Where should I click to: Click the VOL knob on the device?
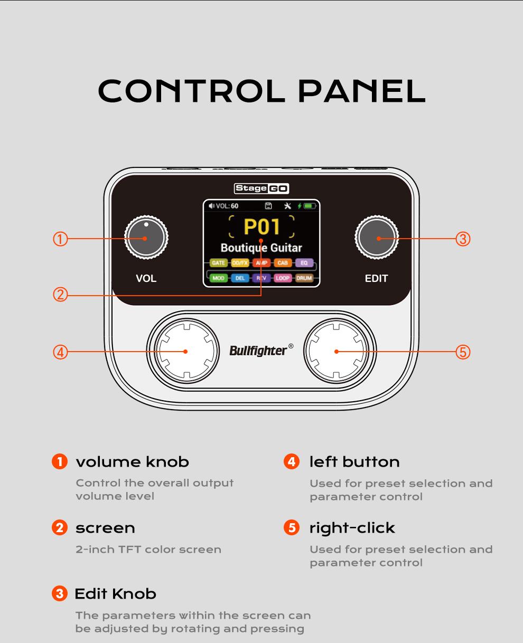(146, 238)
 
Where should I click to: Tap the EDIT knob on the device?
(377, 238)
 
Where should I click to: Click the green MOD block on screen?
(218, 278)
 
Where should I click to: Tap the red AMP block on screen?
(261, 262)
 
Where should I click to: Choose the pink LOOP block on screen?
(283, 278)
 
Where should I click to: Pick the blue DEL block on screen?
(240, 278)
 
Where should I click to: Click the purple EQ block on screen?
(304, 262)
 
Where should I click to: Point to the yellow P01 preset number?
(261, 226)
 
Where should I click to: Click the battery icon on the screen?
(308, 206)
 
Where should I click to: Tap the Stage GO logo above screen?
(261, 188)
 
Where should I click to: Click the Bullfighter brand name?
(258, 351)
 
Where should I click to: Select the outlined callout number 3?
(462, 239)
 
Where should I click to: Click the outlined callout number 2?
(60, 295)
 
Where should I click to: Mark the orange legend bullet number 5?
(291, 527)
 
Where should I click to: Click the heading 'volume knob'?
(132, 462)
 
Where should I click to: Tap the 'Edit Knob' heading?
(116, 594)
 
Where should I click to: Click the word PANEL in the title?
(361, 91)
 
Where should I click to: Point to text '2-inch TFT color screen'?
(148, 550)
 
